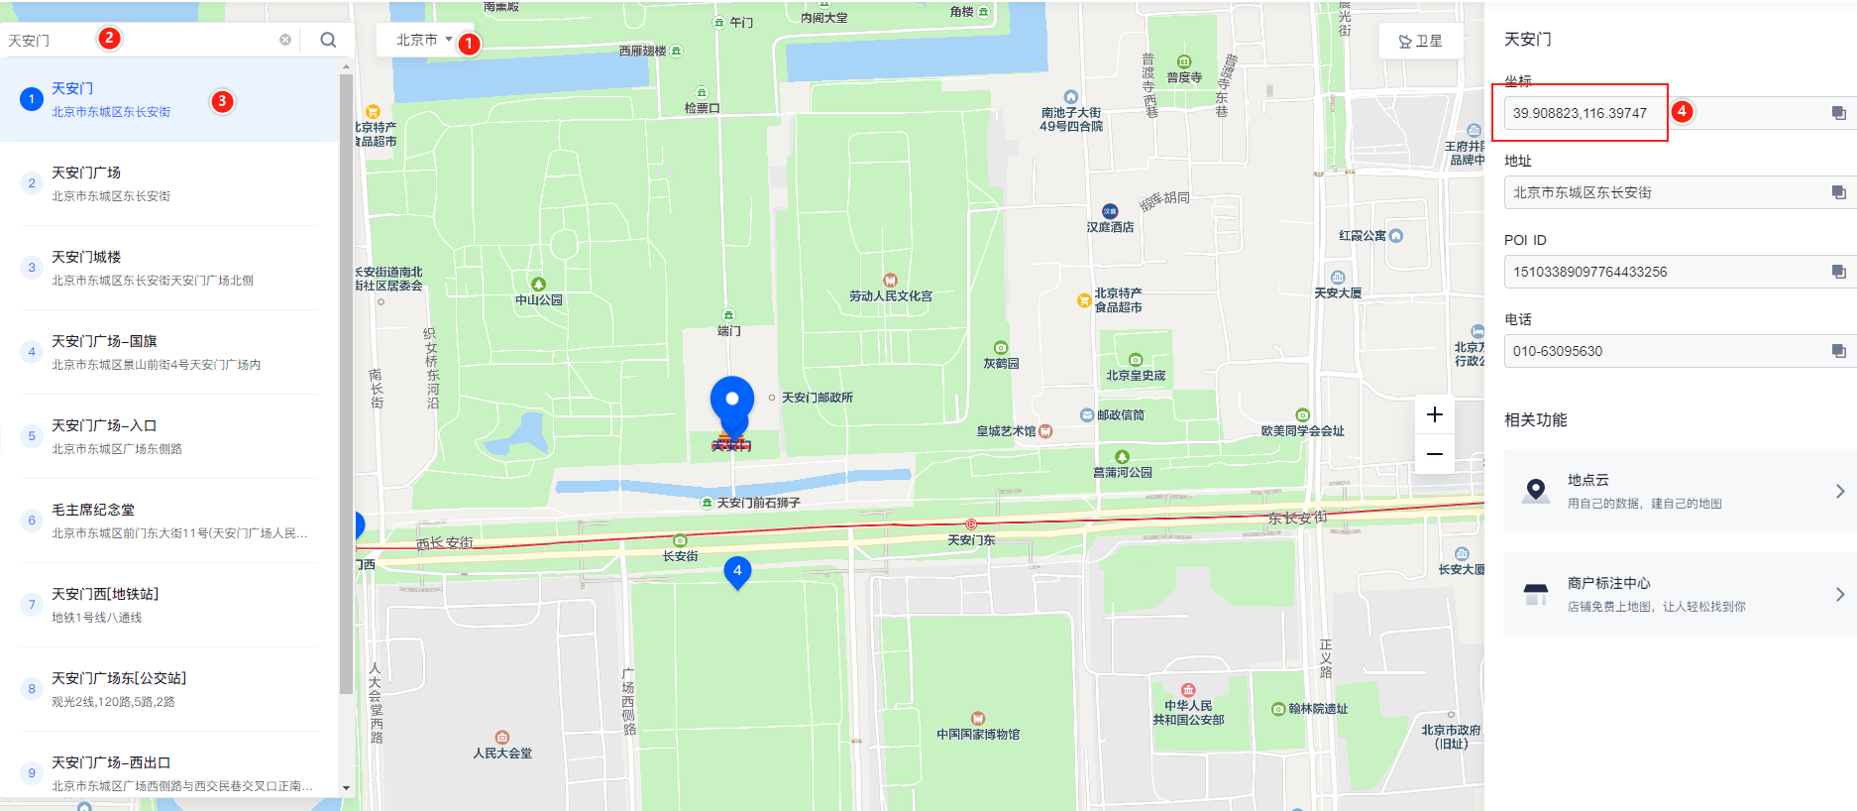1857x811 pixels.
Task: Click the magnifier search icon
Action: click(x=328, y=40)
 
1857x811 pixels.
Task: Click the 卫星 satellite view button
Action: click(x=1420, y=41)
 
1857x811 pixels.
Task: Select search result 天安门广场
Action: click(x=86, y=173)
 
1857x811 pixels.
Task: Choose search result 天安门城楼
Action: click(x=86, y=257)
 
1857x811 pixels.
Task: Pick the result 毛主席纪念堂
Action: click(x=93, y=510)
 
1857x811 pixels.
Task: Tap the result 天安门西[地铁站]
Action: click(x=105, y=594)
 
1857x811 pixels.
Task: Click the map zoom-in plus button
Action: click(x=1434, y=414)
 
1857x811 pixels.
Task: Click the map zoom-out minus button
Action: click(x=1434, y=454)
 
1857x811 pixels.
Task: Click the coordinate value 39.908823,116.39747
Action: click(x=1580, y=113)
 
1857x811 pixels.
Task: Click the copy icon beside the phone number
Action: click(x=1838, y=351)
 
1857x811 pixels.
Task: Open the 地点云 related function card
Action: click(x=1680, y=491)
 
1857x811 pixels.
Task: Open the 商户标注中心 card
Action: click(x=1680, y=594)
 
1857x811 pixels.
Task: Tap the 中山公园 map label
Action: click(x=538, y=299)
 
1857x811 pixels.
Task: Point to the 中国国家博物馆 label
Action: click(x=978, y=734)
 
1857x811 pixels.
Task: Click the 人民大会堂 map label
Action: click(x=502, y=753)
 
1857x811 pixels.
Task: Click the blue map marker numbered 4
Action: click(x=737, y=572)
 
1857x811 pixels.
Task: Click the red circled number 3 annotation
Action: click(x=222, y=101)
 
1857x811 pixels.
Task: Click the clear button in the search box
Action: click(x=285, y=40)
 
